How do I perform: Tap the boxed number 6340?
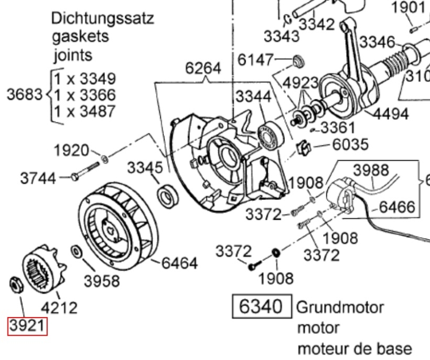pos(261,307)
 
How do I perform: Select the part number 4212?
pos(59,308)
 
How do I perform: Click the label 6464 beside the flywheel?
pos(180,263)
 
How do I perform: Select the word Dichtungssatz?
pos(103,19)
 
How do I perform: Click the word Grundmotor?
pos(340,308)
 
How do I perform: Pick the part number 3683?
pos(24,95)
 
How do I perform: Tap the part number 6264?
pos(203,68)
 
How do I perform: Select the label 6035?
pos(350,145)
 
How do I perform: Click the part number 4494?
pos(391,113)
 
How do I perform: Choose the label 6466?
pos(397,206)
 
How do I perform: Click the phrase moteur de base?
pos(354,348)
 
